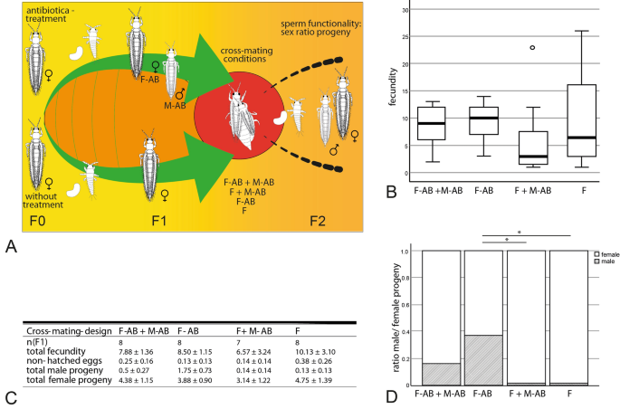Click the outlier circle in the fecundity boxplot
507,47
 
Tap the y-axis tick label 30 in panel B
405,10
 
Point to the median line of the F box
582,138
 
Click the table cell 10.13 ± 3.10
314,350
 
